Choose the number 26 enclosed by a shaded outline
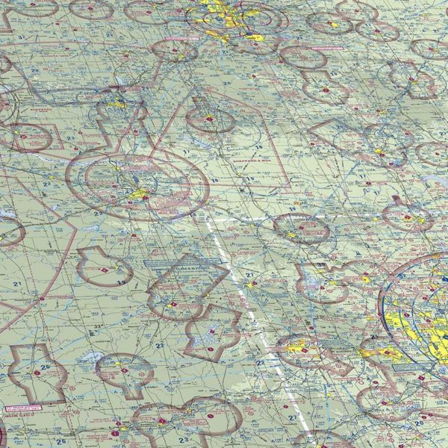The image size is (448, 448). [45, 367]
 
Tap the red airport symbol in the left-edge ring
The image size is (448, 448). [22, 137]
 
